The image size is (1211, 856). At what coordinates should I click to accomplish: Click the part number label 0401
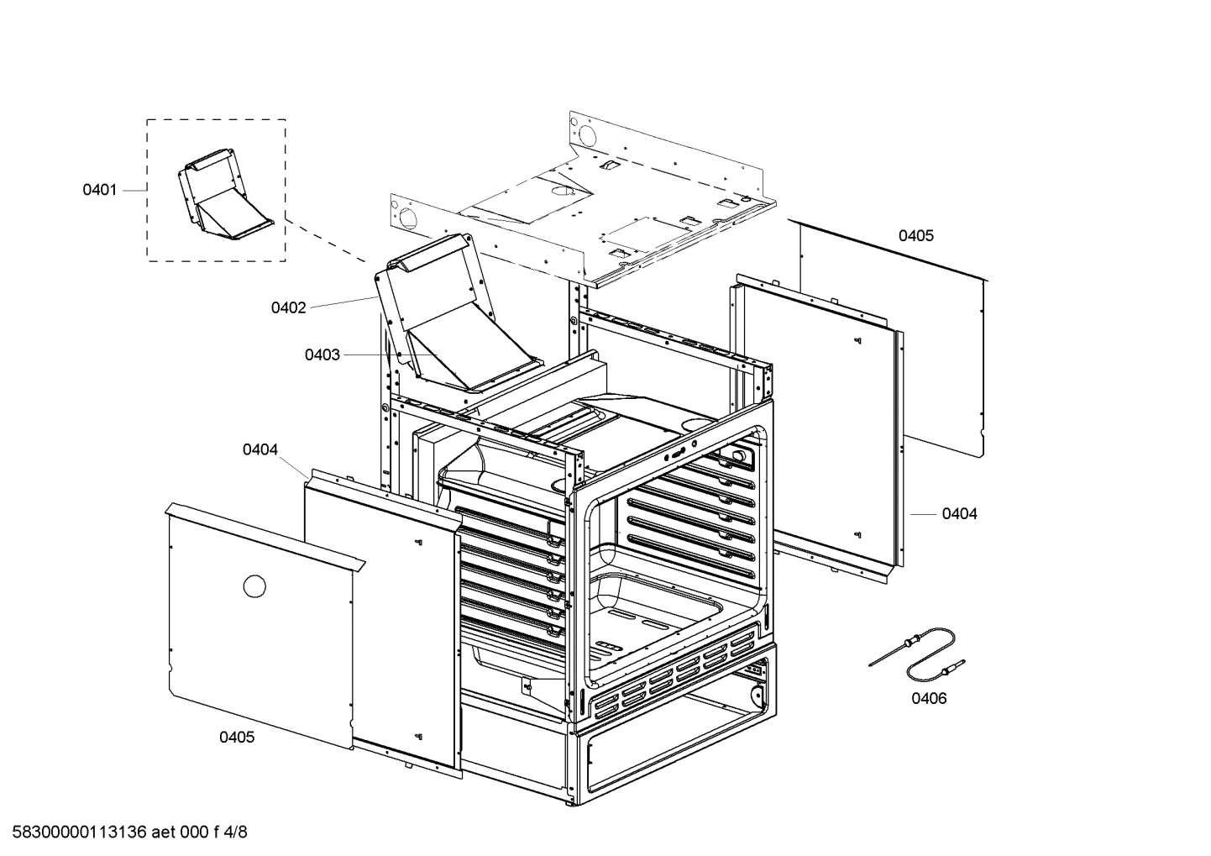tap(99, 190)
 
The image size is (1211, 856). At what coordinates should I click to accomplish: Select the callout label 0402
tap(288, 308)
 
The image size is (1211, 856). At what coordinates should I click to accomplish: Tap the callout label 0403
tap(322, 355)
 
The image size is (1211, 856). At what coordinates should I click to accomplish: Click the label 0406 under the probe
tap(929, 698)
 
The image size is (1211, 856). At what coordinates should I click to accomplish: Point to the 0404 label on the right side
tap(959, 513)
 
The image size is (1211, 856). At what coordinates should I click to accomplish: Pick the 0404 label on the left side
tap(260, 450)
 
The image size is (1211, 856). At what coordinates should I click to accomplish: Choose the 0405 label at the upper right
tap(915, 236)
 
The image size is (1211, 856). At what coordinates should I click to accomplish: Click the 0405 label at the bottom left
tap(237, 738)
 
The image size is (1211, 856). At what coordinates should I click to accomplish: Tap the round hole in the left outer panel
tap(254, 586)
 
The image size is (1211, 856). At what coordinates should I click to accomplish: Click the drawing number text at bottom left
tap(126, 832)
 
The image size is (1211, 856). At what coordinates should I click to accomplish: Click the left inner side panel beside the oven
tap(382, 622)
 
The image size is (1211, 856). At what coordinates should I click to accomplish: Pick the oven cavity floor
tap(663, 622)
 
